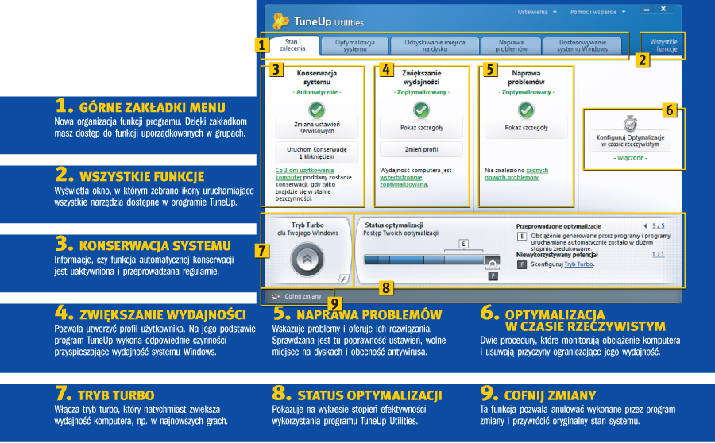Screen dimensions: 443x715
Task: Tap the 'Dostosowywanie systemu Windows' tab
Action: [582, 45]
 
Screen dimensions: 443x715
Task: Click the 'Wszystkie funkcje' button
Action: [663, 44]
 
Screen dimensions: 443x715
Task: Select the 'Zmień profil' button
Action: [422, 148]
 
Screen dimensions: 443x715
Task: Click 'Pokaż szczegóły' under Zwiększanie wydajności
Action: [422, 127]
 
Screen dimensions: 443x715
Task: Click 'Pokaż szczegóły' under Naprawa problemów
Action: [526, 127]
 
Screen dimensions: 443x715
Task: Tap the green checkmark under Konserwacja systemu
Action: [317, 110]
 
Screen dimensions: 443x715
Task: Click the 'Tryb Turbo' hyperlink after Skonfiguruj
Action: [578, 264]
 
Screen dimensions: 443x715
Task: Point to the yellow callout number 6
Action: [671, 110]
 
